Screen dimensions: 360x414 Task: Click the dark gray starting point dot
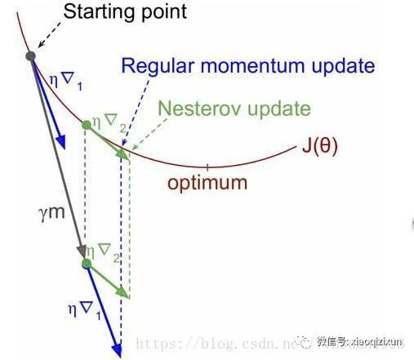(x=30, y=56)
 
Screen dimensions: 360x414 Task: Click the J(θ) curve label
(x=318, y=147)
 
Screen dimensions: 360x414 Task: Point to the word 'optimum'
(x=207, y=182)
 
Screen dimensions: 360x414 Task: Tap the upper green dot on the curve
(x=87, y=125)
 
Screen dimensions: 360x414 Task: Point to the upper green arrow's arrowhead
(x=123, y=153)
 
